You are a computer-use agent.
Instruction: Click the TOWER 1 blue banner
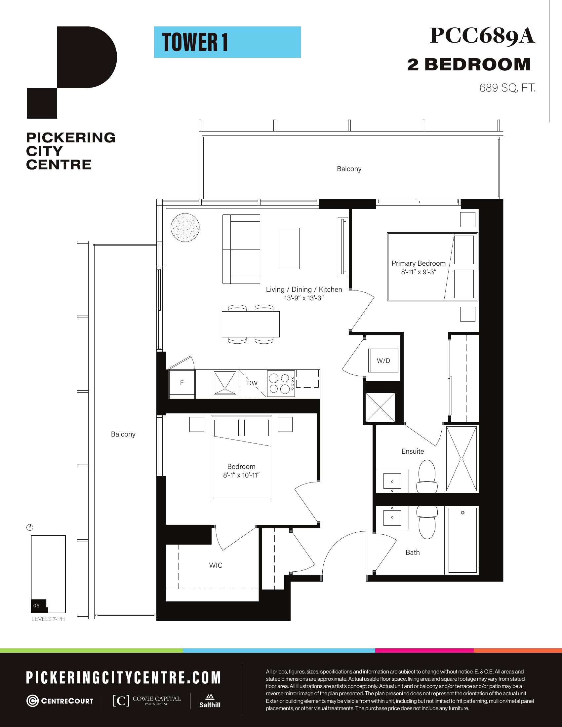[227, 42]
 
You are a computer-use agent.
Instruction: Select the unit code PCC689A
[482, 36]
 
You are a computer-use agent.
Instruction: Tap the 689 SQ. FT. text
[507, 88]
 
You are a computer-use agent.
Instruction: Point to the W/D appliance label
[383, 361]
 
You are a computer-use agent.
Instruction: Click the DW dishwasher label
[252, 383]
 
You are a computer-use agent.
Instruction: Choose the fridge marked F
[182, 384]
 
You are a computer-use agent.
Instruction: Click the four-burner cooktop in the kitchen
[281, 383]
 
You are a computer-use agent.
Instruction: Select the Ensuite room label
[413, 451]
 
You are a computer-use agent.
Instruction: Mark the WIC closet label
[216, 565]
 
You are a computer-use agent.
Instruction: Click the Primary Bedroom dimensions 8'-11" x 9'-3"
[419, 272]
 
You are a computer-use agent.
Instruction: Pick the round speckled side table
[185, 228]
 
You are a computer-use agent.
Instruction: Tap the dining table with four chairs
[251, 324]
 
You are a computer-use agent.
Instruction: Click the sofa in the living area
[241, 249]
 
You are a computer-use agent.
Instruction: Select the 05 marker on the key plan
[36, 605]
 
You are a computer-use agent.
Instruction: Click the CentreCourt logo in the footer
[60, 701]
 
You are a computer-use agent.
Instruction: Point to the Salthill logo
[210, 701]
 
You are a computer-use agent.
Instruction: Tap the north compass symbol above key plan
[30, 528]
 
